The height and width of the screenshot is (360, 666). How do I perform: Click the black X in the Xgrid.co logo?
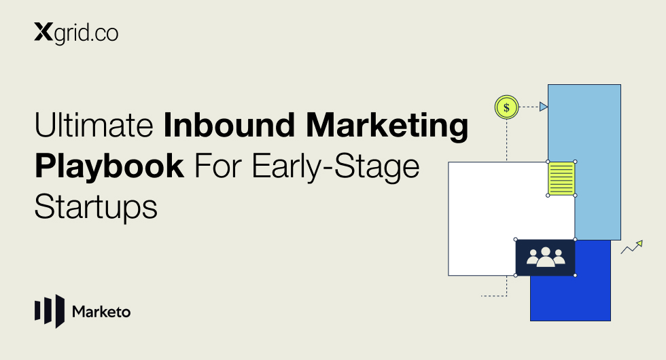(x=43, y=33)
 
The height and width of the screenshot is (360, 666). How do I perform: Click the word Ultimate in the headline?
(x=94, y=125)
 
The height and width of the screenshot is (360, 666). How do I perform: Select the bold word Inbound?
(x=229, y=125)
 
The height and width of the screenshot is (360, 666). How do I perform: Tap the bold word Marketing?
(x=387, y=126)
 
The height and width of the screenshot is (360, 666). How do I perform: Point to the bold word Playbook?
(x=109, y=166)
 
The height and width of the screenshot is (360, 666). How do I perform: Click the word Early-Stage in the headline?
(x=336, y=166)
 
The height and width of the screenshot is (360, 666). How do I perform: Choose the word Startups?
(x=96, y=207)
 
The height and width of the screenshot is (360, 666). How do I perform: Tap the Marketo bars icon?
(x=50, y=311)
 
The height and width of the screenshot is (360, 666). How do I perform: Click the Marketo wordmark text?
(x=101, y=312)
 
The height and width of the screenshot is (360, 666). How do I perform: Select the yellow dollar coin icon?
(x=507, y=107)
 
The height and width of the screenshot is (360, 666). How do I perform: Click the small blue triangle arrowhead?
(x=543, y=107)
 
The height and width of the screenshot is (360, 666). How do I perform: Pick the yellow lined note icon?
(x=561, y=178)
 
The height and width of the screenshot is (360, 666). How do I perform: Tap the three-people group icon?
(x=546, y=257)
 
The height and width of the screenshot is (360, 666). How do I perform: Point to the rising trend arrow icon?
(x=632, y=247)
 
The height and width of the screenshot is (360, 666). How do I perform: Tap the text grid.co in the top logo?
(x=86, y=33)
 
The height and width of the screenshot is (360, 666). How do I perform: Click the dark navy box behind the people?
(x=545, y=257)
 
